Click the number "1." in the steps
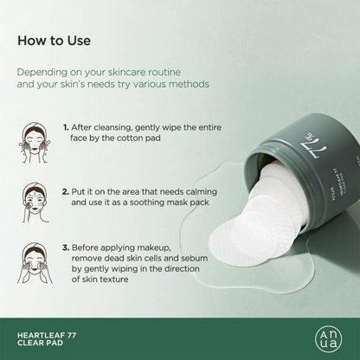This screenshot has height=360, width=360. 66,126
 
